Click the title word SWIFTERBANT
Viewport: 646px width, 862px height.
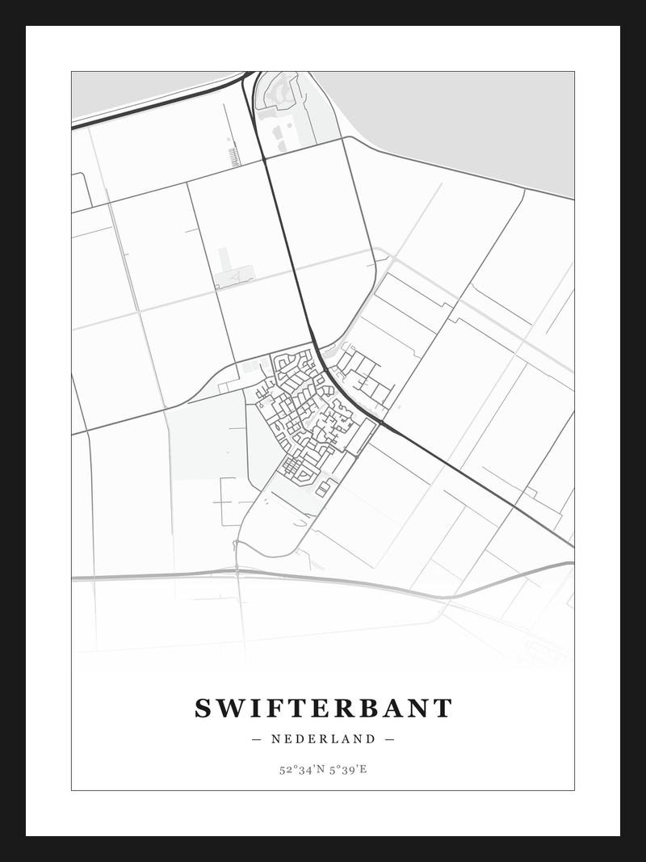[323, 709]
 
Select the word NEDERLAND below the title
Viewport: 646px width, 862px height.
[323, 739]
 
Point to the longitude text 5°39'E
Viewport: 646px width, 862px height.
[350, 769]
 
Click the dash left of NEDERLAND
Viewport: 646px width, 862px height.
[257, 739]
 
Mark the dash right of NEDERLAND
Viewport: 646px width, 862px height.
[389, 739]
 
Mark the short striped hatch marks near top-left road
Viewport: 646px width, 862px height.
[234, 154]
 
